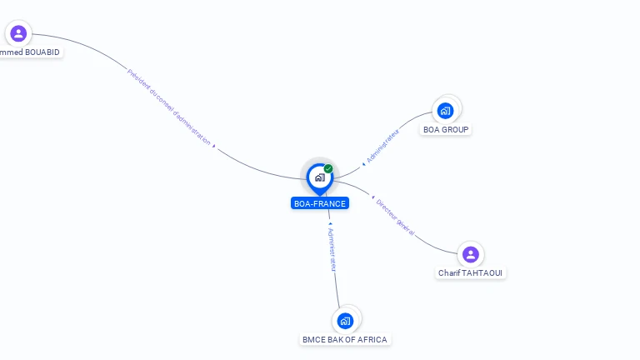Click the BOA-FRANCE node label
[x=320, y=203]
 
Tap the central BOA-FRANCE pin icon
[x=319, y=177]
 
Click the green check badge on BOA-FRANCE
[x=328, y=169]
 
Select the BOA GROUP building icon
[x=446, y=110]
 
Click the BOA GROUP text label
[x=446, y=130]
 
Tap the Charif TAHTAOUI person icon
[x=471, y=254]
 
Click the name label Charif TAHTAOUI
[x=471, y=273]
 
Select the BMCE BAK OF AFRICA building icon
[x=346, y=320]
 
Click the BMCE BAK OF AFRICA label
[x=345, y=340]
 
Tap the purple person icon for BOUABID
[x=18, y=33]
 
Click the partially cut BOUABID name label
[x=30, y=52]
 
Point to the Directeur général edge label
[x=394, y=217]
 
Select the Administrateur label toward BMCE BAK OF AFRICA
[x=331, y=248]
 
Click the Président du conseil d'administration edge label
[x=168, y=107]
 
